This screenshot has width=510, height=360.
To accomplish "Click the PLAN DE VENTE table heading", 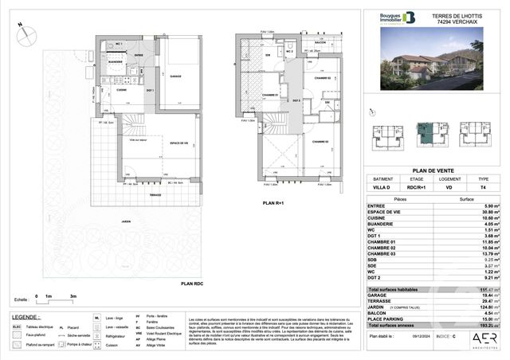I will click(x=433, y=170).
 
